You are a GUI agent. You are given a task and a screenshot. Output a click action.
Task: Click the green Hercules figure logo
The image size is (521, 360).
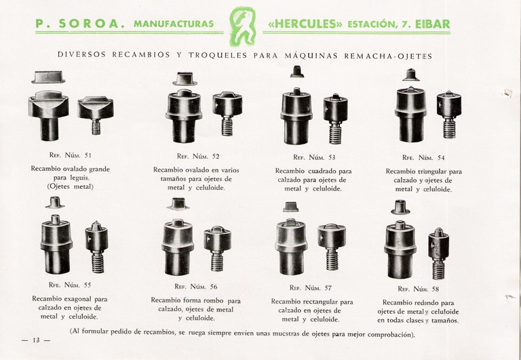(243, 26)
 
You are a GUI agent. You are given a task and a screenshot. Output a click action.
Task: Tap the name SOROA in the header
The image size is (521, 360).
(92, 24)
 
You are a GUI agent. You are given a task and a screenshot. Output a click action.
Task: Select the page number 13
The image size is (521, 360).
(36, 340)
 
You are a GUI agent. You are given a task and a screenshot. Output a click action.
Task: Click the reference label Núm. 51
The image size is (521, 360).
(78, 155)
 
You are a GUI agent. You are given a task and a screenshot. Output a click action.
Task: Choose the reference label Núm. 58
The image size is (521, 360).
(426, 289)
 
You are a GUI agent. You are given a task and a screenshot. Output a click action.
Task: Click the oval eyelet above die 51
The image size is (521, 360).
(49, 77)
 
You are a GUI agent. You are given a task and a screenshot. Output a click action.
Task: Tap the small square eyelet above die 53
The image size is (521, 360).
(296, 71)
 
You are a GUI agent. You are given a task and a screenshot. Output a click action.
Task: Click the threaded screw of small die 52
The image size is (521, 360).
(227, 126)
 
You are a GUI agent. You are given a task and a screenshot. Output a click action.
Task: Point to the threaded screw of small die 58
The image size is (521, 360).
(438, 269)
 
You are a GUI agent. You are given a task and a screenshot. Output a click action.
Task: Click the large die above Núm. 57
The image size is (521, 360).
(291, 247)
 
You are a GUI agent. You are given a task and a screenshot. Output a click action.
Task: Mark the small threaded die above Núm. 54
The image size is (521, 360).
(449, 115)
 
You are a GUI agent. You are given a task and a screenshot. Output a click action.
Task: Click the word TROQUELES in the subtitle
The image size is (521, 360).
(218, 55)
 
